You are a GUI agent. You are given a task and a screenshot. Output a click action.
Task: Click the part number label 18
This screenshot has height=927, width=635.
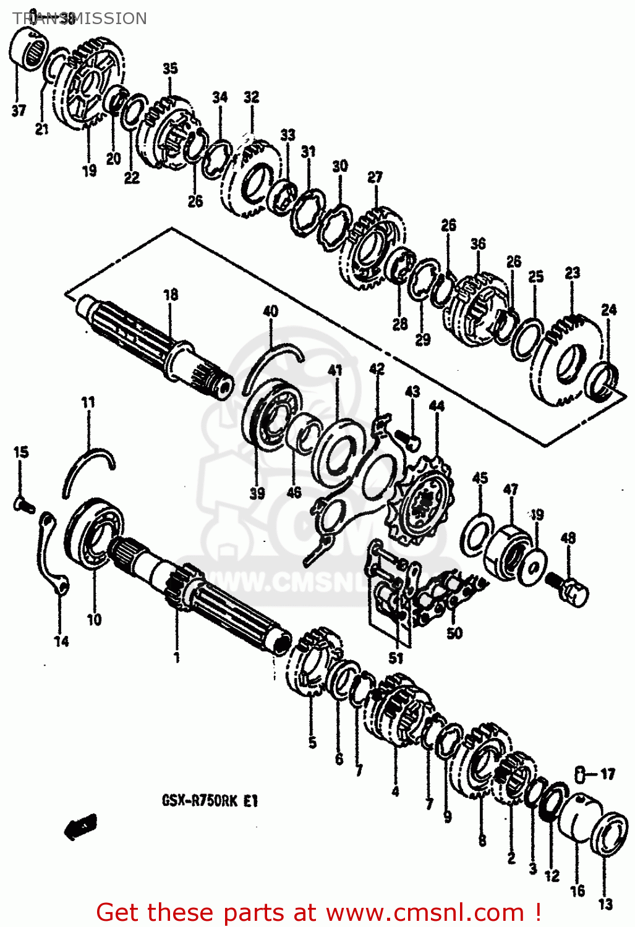pyautogui.click(x=171, y=295)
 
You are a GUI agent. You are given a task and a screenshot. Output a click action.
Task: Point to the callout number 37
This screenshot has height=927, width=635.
pyautogui.click(x=19, y=111)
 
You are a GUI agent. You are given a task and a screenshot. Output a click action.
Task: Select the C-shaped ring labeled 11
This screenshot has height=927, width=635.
pyautogui.click(x=88, y=470)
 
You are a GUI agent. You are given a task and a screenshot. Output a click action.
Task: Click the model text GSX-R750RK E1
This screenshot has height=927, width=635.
pyautogui.click(x=210, y=802)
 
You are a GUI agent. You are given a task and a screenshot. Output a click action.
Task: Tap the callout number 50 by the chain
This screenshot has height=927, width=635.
pyautogui.click(x=454, y=633)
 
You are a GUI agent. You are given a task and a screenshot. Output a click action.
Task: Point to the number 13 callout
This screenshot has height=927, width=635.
pyautogui.click(x=606, y=904)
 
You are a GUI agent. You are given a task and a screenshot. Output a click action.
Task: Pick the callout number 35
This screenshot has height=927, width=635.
pyautogui.click(x=170, y=69)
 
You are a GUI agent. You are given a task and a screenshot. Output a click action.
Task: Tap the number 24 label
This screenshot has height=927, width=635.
pyautogui.click(x=609, y=310)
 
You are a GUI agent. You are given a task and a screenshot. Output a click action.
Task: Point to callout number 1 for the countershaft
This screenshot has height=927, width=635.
pyautogui.click(x=177, y=656)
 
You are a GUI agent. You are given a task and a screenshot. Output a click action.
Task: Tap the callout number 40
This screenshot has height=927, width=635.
pyautogui.click(x=271, y=311)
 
